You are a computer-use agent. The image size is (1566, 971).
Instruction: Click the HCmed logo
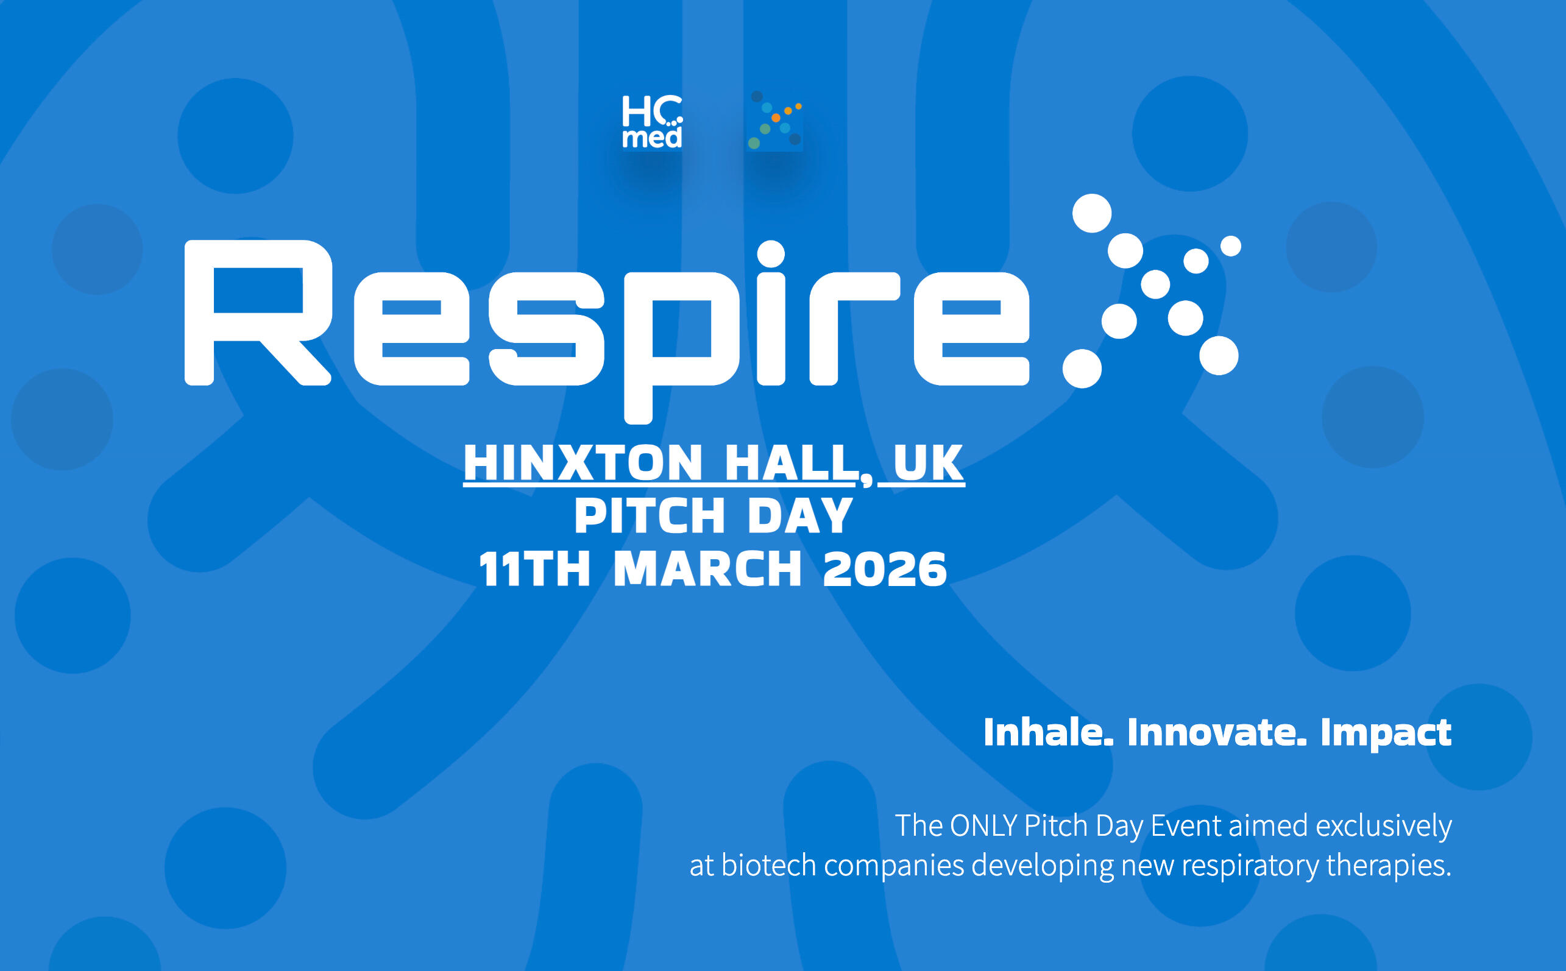pyautogui.click(x=652, y=121)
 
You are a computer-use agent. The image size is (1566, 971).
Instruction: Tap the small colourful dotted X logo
pyautogui.click(x=775, y=120)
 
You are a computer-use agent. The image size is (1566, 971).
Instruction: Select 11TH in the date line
pyautogui.click(x=534, y=569)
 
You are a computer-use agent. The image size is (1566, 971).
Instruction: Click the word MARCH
pyautogui.click(x=707, y=569)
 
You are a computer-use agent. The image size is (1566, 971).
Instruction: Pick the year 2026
pyautogui.click(x=885, y=569)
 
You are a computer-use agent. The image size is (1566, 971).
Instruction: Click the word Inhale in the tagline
pyautogui.click(x=1048, y=732)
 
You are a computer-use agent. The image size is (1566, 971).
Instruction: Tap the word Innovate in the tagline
pyautogui.click(x=1217, y=732)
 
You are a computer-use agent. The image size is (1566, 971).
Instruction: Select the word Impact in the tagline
pyautogui.click(x=1386, y=733)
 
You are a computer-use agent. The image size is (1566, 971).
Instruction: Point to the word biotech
pyautogui.click(x=768, y=865)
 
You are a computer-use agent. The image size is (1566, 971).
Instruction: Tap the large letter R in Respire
pyautogui.click(x=258, y=312)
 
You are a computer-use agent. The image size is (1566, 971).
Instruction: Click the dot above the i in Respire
pyautogui.click(x=771, y=253)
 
